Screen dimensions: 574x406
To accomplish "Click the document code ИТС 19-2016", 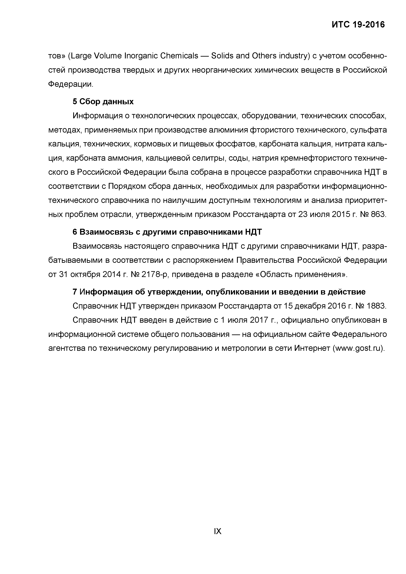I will pyautogui.click(x=358, y=25).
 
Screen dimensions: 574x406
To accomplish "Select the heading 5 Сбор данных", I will pyautogui.click(x=103, y=101).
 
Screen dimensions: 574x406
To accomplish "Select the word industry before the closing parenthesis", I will pyautogui.click(x=293, y=56).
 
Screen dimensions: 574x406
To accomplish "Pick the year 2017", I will pyautogui.click(x=259, y=320).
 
